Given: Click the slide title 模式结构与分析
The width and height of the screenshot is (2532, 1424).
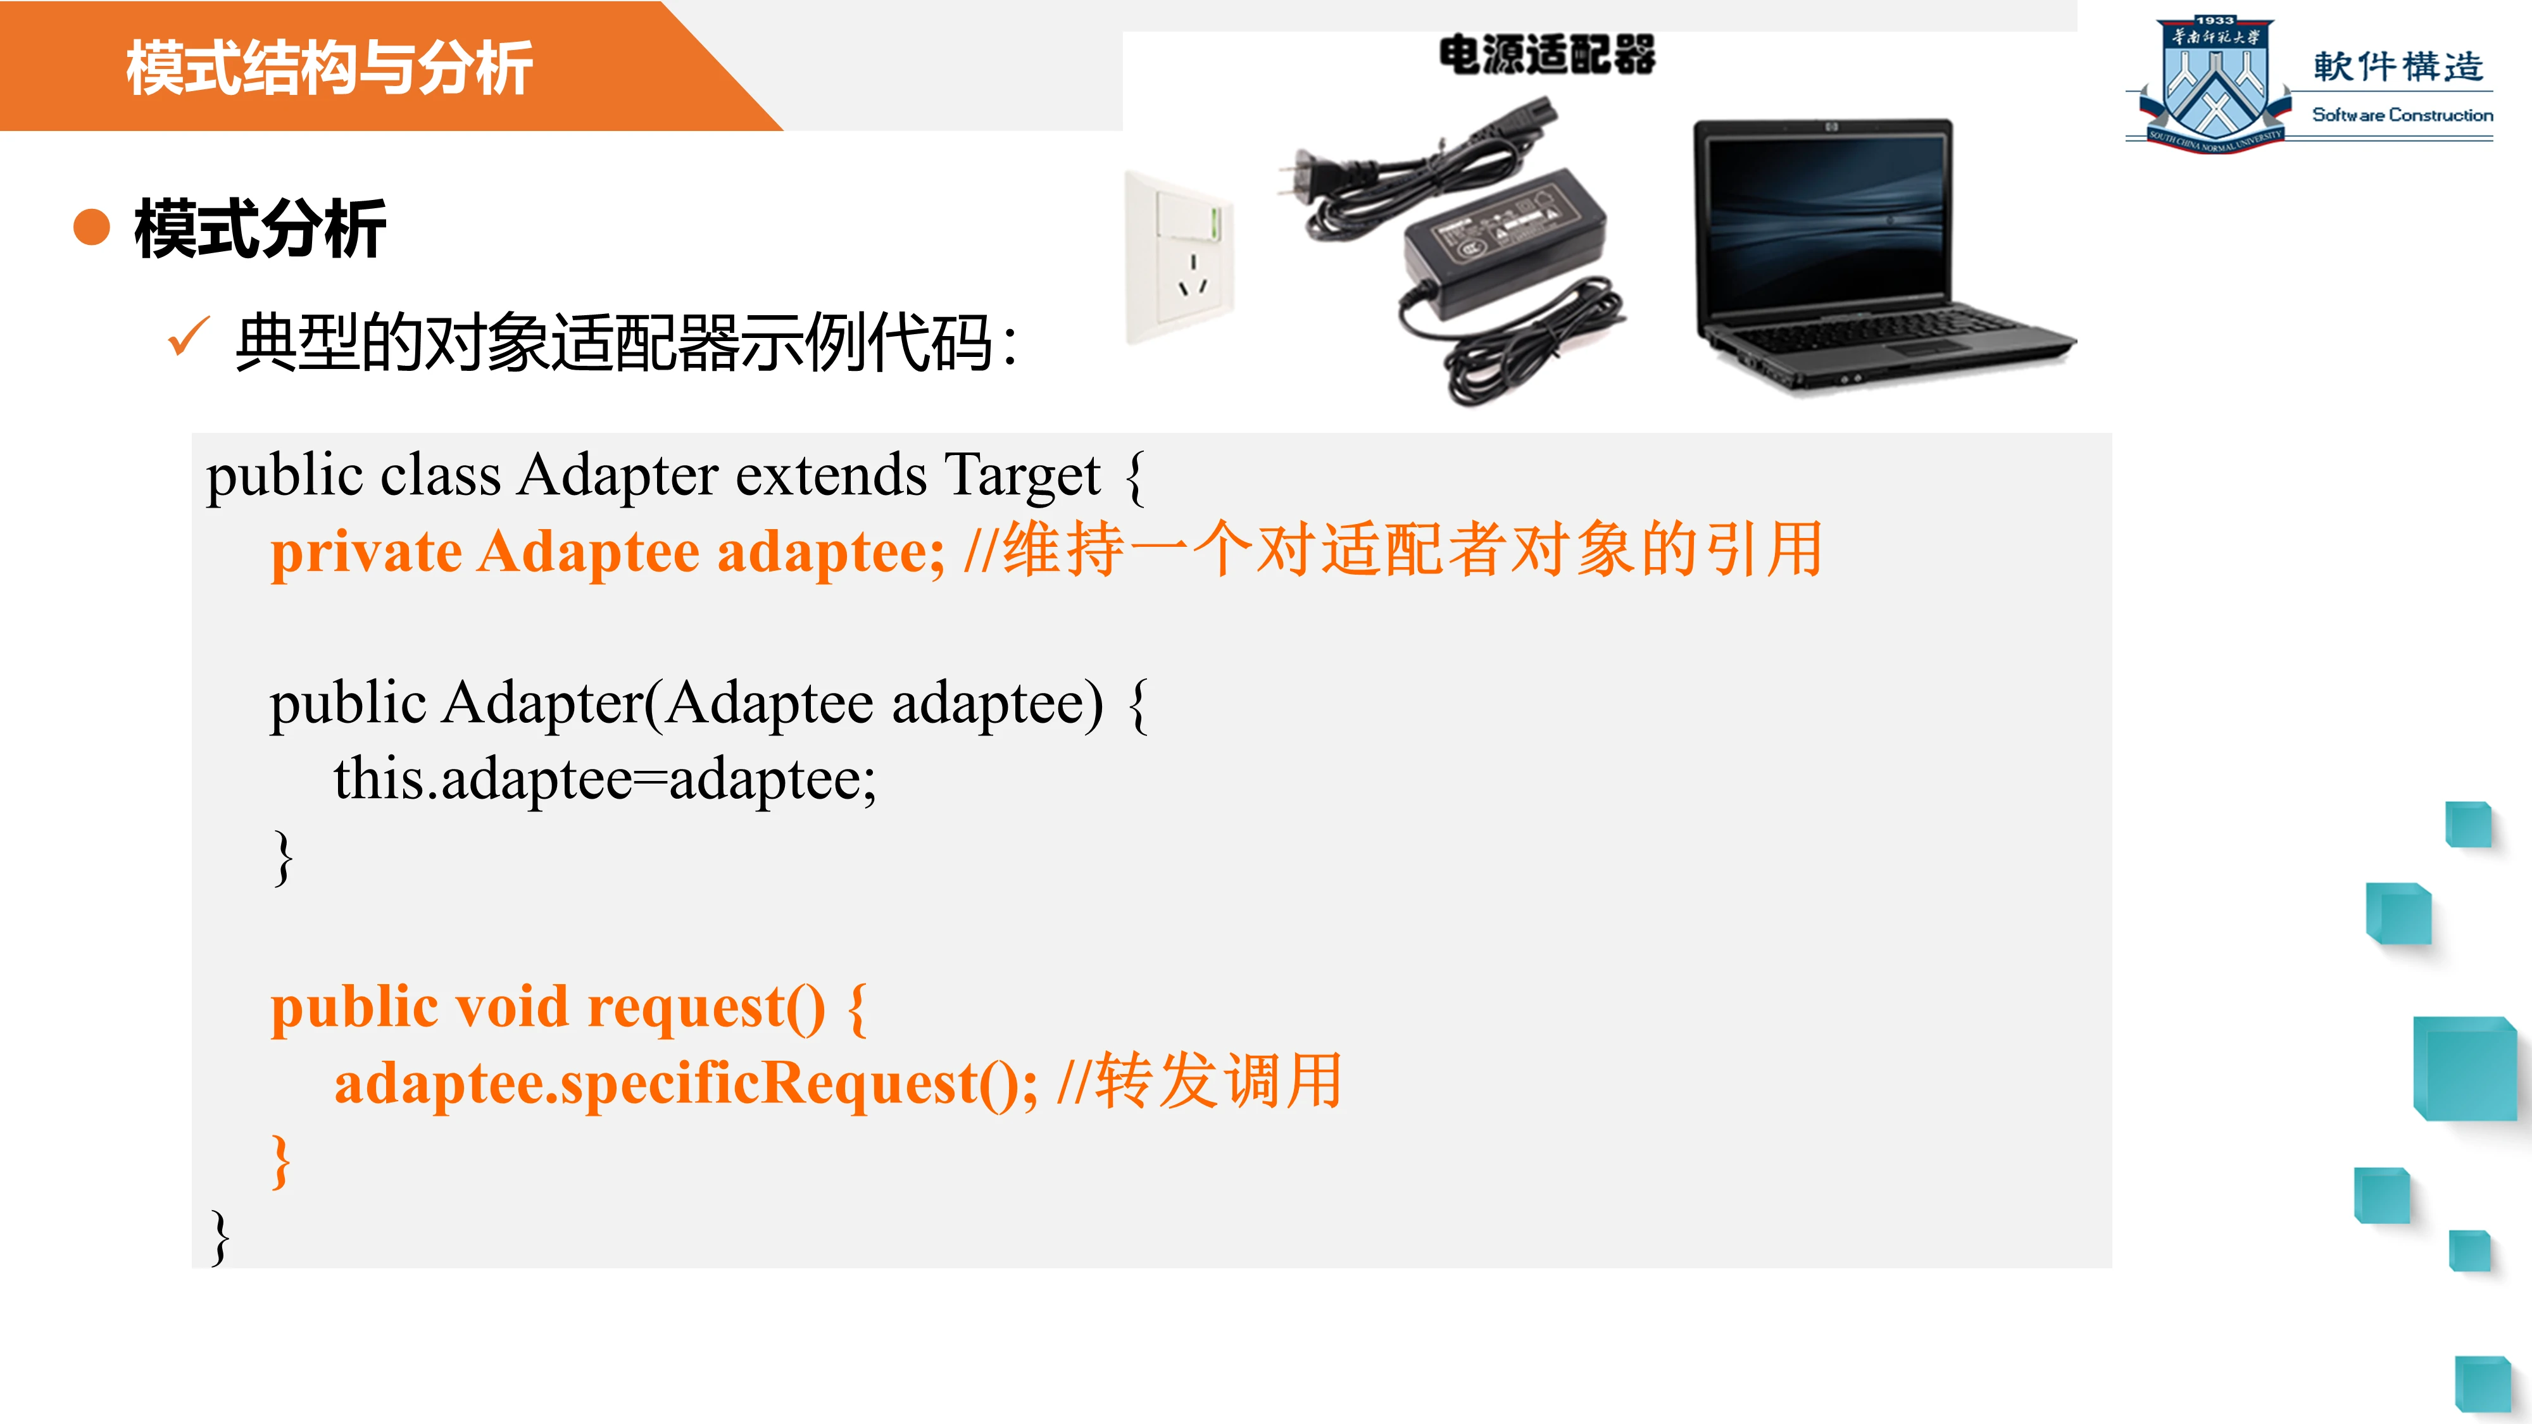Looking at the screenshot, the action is pyautogui.click(x=329, y=68).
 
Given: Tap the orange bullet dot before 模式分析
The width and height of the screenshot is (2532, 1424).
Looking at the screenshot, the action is pyautogui.click(x=91, y=227).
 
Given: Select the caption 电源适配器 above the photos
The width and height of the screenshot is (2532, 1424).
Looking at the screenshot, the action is pyautogui.click(x=1547, y=55).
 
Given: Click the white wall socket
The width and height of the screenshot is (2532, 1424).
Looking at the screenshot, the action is pyautogui.click(x=1179, y=258).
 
